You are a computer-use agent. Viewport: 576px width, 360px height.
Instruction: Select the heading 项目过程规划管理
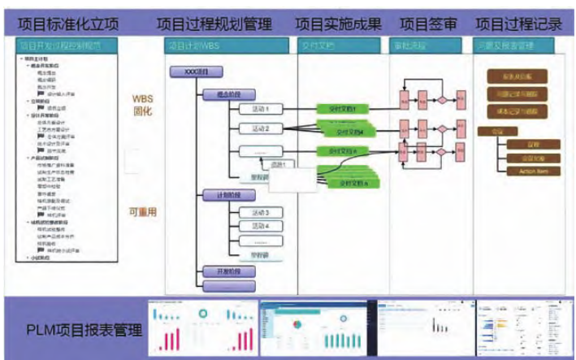(214, 24)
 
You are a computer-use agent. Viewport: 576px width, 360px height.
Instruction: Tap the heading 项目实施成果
(338, 24)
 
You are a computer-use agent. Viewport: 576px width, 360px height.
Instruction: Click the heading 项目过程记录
(518, 24)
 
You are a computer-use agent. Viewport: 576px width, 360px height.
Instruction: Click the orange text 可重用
(142, 213)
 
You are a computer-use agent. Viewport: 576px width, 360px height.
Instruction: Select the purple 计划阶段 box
(228, 195)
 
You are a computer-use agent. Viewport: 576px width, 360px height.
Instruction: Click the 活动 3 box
(261, 213)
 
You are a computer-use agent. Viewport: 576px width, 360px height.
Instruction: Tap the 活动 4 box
(261, 227)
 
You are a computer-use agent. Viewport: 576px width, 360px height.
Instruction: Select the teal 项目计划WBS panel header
(227, 46)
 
